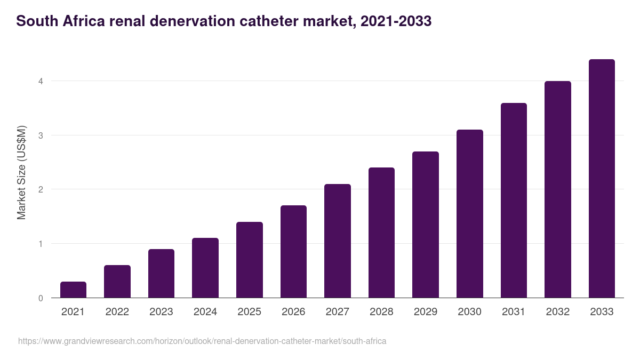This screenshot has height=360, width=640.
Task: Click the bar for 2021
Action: [x=73, y=290]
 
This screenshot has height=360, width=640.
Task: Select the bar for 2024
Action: [x=205, y=268]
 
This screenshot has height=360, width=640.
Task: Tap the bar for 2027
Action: [x=338, y=241]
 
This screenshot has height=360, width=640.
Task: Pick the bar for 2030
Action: [x=470, y=214]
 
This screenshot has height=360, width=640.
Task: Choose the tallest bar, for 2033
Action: [x=602, y=179]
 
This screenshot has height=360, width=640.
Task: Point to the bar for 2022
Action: [x=117, y=282]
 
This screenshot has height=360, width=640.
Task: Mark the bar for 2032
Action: [x=558, y=189]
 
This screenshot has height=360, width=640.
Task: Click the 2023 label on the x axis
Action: [x=161, y=312]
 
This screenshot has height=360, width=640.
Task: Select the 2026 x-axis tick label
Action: [x=293, y=312]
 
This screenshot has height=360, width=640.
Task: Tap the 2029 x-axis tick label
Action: [x=426, y=312]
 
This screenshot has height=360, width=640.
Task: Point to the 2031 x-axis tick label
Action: [x=514, y=312]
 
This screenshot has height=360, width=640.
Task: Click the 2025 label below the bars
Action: [x=250, y=312]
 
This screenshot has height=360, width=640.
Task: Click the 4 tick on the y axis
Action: [x=41, y=82]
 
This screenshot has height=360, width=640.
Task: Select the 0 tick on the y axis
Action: [x=41, y=298]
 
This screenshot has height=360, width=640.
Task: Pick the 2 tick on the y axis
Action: [x=41, y=190]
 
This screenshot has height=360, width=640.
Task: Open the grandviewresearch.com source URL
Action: [x=202, y=341]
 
